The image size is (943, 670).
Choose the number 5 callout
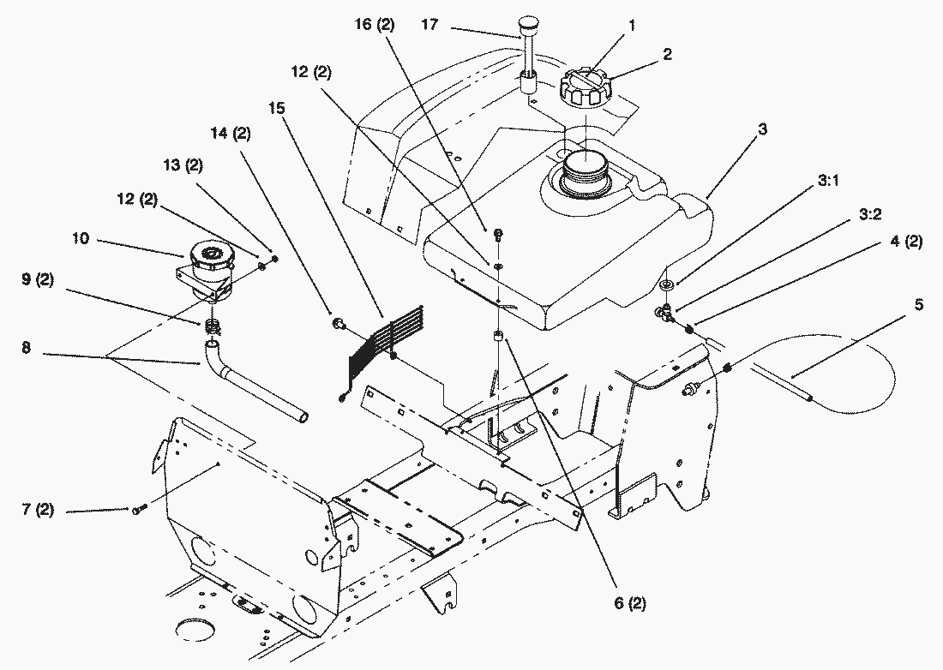pyautogui.click(x=919, y=305)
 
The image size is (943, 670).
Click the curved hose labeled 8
pyautogui.click(x=257, y=392)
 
